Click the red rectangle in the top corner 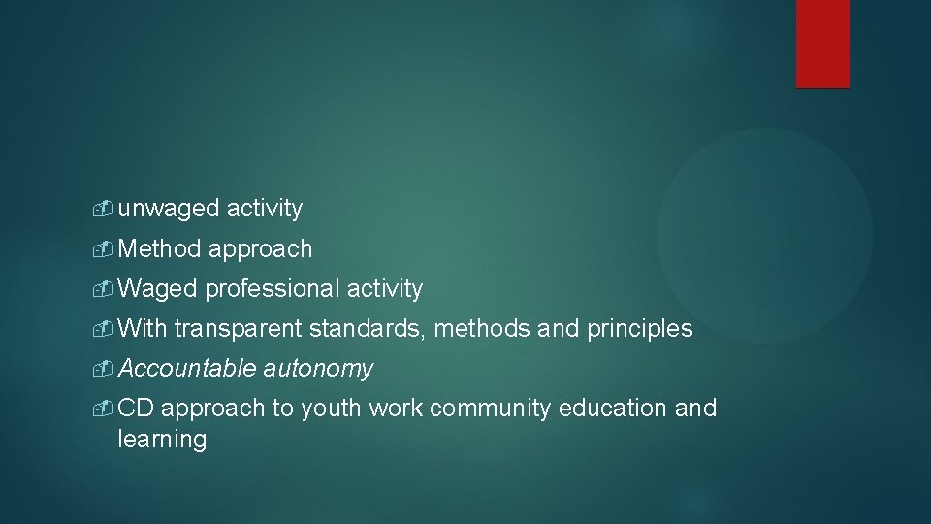pos(822,44)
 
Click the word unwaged pos(169,209)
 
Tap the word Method pos(160,248)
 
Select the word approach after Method pos(260,249)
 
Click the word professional pos(272,289)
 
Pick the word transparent pos(239,329)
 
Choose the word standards pos(368,329)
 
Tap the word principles pos(640,329)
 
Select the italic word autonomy pos(318,369)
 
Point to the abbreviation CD pos(136,409)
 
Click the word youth pos(331,409)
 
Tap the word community pos(491,409)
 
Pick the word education pos(613,409)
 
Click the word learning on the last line pos(162,440)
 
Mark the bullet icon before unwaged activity pos(107,209)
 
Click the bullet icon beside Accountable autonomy pos(107,369)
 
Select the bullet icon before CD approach pos(107,409)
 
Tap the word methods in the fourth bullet pos(479,329)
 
